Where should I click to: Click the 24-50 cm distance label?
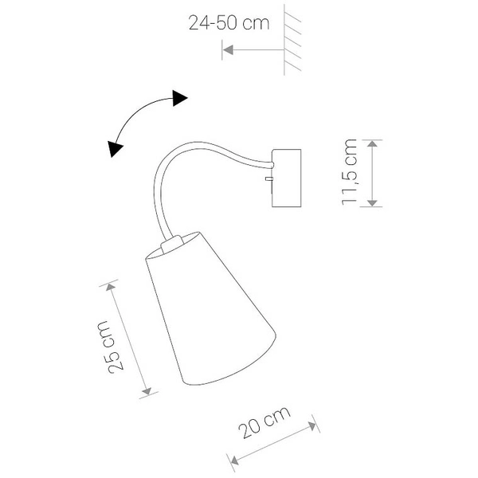(x=229, y=23)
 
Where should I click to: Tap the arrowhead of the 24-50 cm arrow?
(x=227, y=50)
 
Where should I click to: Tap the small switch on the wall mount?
(x=269, y=182)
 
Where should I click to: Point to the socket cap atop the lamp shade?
(x=172, y=242)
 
